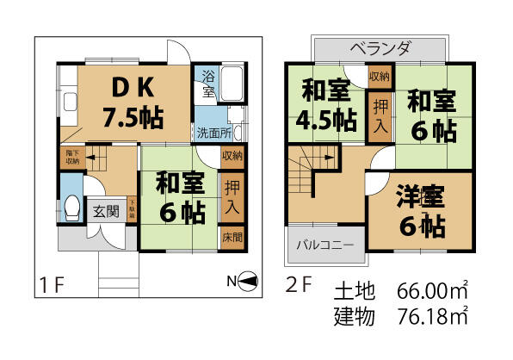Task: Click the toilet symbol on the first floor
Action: point(73,206)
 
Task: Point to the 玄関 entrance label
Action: point(106,210)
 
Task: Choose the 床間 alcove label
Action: point(232,236)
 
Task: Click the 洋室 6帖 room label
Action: point(421,211)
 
